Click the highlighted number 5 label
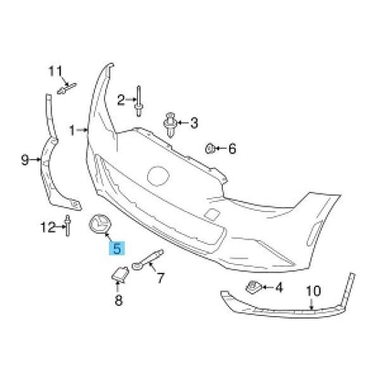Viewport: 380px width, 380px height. (117, 248)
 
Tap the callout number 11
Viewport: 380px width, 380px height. (56, 72)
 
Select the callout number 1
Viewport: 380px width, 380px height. (72, 131)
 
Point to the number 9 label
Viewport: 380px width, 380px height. (26, 159)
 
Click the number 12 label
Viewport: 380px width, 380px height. (48, 227)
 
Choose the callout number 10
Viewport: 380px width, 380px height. (313, 291)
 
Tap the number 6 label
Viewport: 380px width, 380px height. (232, 149)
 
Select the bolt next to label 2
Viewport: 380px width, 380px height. (139, 101)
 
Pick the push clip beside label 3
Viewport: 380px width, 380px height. (170, 124)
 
